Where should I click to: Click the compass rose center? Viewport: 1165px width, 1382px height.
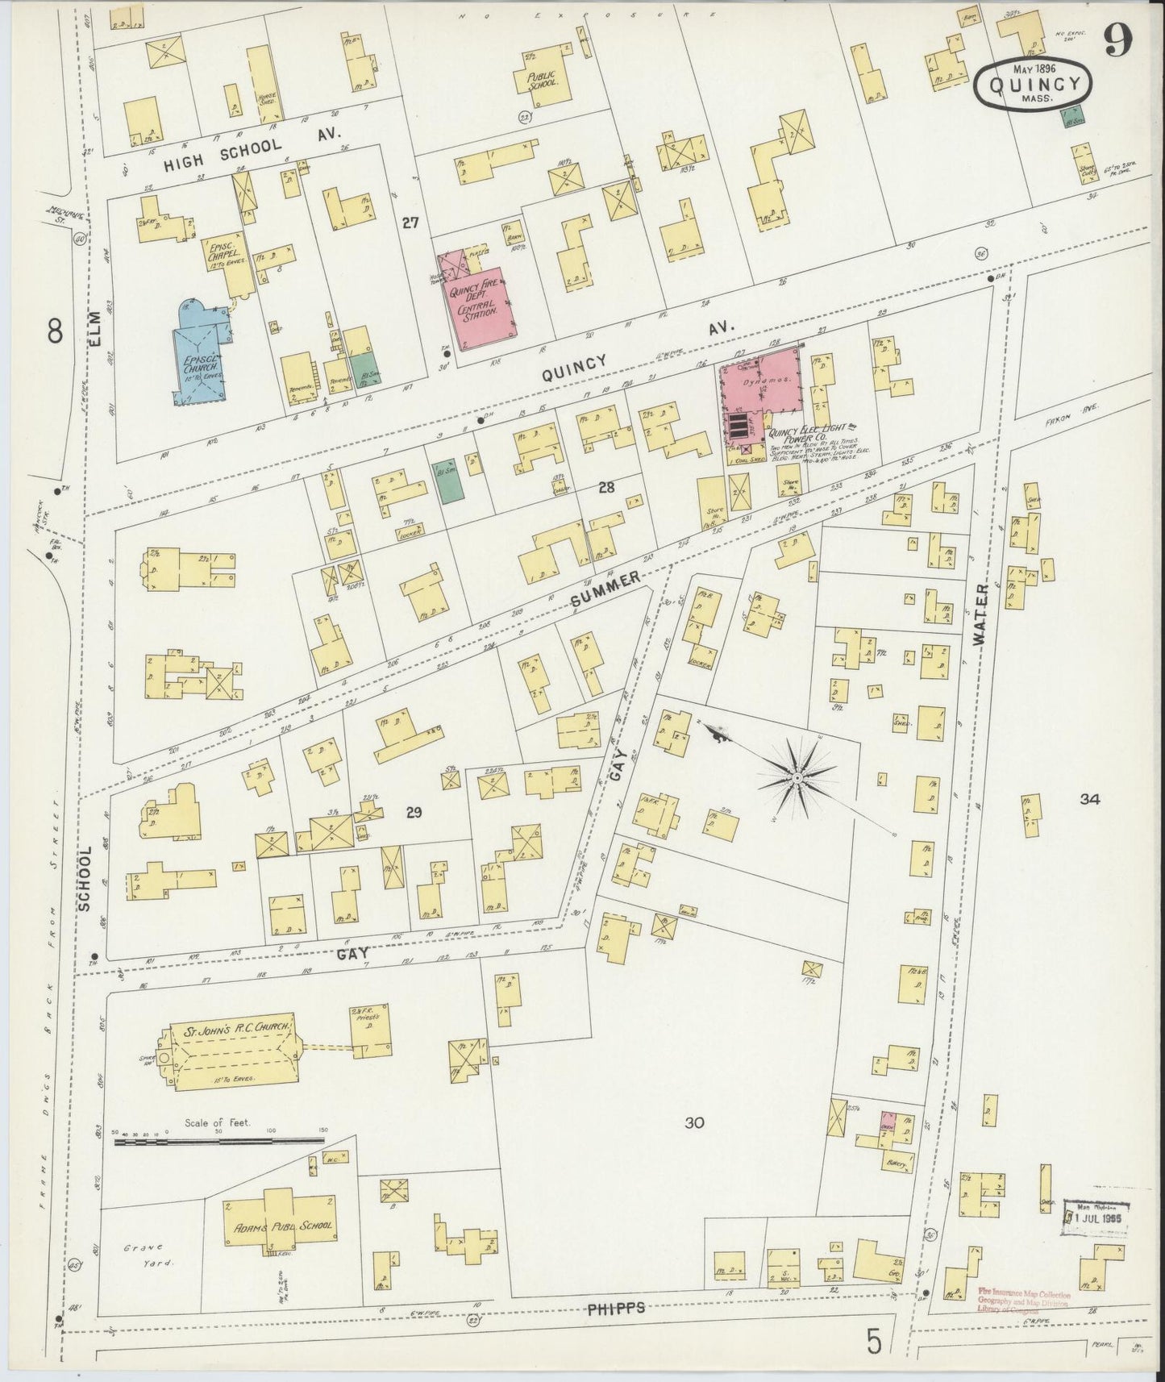click(x=796, y=777)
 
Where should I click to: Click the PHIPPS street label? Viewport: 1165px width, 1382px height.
click(x=617, y=1308)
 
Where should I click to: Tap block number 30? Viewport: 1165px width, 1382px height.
click(x=694, y=1122)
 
